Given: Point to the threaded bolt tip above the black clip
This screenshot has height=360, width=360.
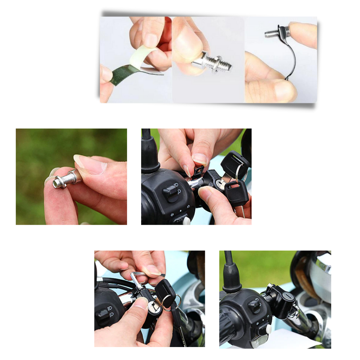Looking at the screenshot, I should pos(272,34).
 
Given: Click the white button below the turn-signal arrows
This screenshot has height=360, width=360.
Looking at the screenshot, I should pos(186,221).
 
